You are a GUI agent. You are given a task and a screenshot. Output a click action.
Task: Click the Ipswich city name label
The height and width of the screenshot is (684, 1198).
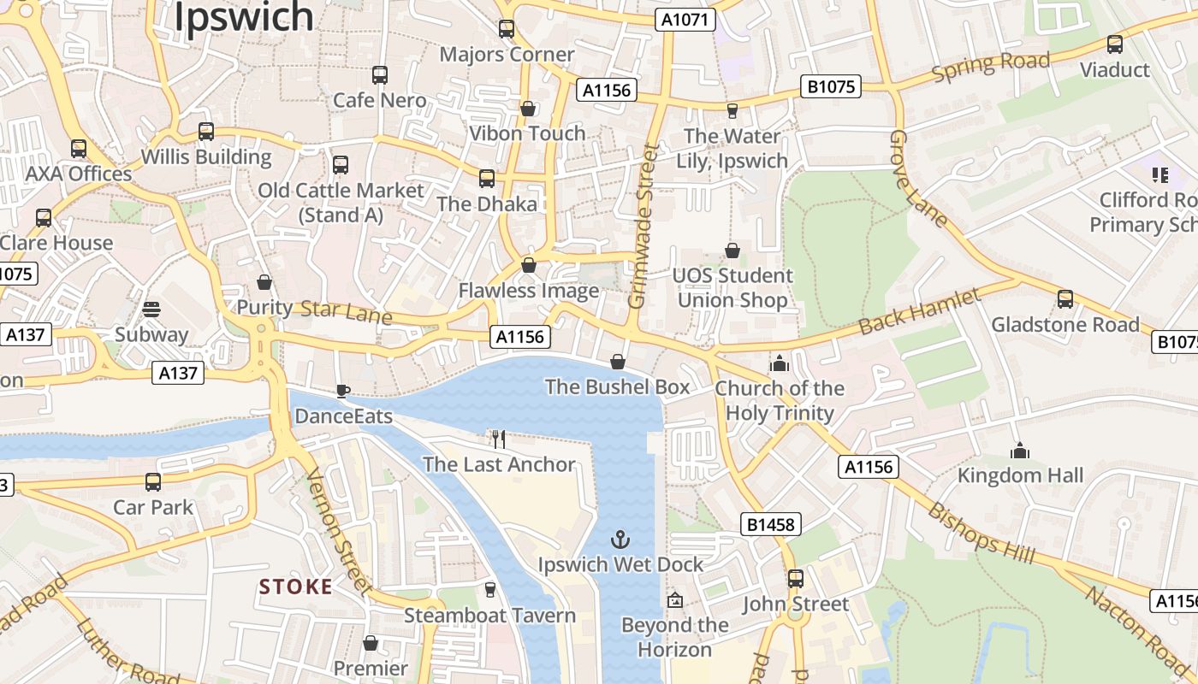(244, 17)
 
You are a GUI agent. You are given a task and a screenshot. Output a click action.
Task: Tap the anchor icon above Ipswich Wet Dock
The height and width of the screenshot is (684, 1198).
(620, 540)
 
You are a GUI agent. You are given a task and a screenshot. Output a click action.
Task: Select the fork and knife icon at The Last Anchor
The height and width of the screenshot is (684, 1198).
(499, 439)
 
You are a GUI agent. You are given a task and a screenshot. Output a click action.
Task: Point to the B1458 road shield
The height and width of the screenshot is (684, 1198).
(770, 524)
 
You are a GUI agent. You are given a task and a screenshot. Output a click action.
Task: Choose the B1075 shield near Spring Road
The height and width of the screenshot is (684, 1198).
(831, 87)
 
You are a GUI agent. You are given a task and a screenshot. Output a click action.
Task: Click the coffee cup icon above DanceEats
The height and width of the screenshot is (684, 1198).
(342, 392)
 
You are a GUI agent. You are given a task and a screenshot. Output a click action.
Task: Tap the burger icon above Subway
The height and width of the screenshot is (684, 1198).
(151, 309)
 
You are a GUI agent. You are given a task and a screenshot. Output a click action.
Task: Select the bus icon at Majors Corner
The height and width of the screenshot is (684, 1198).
(507, 29)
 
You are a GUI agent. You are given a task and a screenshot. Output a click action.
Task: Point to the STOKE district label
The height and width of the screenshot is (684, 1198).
(295, 587)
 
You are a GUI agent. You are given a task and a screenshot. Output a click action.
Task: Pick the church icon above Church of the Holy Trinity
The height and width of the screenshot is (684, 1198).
(780, 363)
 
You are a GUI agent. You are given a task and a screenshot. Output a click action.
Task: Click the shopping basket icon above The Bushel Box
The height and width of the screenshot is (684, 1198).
(618, 362)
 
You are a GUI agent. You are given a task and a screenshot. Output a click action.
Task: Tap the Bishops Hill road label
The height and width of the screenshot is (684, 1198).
(982, 534)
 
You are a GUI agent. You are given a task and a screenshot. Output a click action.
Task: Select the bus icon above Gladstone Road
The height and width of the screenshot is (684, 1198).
(1065, 299)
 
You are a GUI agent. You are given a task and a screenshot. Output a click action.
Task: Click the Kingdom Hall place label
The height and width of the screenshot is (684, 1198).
(1020, 475)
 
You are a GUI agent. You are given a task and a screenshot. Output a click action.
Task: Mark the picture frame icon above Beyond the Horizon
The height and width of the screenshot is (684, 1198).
(675, 600)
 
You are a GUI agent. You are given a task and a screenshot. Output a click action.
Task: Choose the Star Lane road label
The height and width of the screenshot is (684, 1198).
(347, 312)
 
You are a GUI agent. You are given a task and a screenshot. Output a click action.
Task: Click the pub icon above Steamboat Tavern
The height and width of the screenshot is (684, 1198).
(489, 590)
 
